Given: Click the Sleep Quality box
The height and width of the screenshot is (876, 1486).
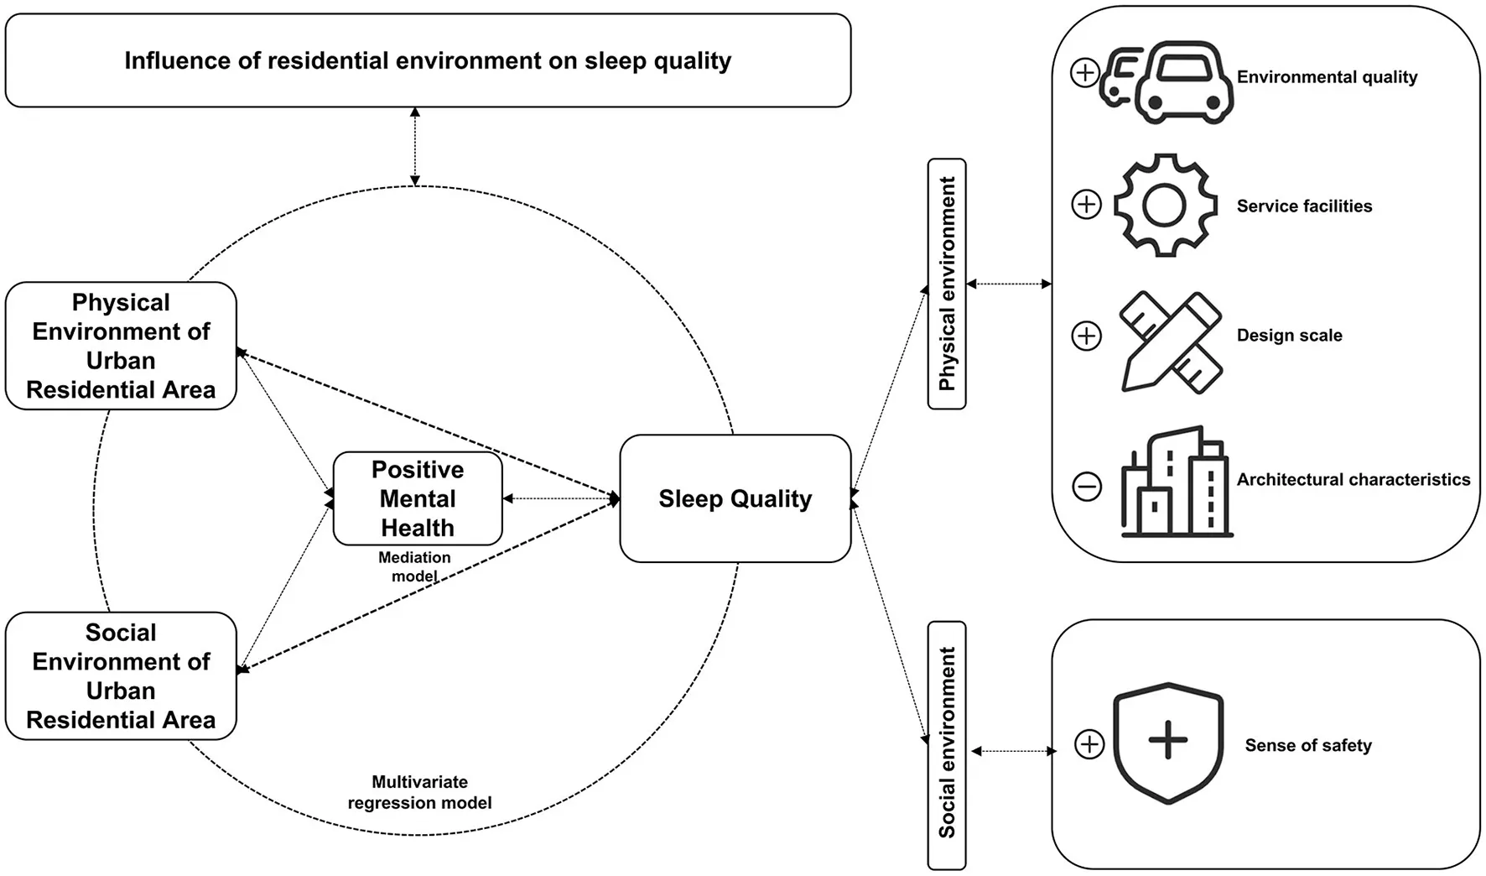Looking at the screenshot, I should [735, 498].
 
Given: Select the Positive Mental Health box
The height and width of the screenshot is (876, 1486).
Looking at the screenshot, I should [418, 498].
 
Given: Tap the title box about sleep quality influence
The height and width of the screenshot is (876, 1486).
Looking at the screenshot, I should [428, 60].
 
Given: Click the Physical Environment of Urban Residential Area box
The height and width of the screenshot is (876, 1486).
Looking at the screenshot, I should [121, 346].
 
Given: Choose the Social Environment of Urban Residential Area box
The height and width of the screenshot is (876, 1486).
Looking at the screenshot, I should [121, 675].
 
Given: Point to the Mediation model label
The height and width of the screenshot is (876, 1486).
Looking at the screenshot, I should [414, 566].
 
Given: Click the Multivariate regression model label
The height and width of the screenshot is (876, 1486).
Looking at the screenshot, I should [419, 792].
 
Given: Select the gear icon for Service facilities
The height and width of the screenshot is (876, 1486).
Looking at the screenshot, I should [1164, 205].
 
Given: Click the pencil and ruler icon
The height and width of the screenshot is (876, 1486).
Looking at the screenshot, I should [1171, 341].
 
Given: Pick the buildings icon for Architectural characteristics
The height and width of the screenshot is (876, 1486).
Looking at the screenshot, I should [1176, 482].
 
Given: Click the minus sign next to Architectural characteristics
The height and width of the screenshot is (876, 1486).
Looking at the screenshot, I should [1087, 486].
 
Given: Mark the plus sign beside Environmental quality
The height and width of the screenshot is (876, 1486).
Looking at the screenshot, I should [1085, 73].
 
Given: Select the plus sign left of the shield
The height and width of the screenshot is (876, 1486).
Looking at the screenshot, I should [1089, 743].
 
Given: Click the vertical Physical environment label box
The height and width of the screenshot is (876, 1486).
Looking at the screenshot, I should [947, 284].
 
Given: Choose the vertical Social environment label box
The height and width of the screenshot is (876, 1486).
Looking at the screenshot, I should [947, 744].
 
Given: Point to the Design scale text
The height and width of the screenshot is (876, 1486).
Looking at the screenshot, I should [1289, 336].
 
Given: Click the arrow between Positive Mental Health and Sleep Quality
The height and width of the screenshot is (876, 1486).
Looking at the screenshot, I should [560, 498].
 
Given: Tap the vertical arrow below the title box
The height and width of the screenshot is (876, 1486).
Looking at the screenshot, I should [414, 146].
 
